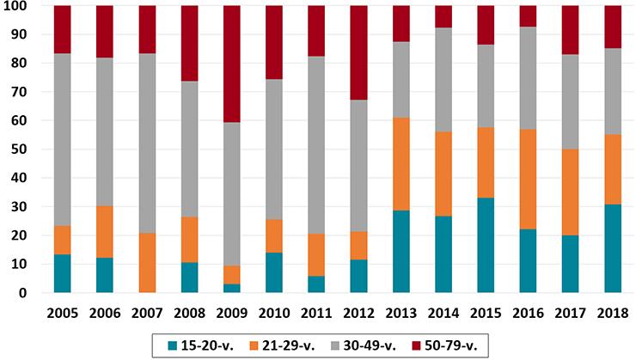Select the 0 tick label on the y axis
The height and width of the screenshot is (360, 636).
(24, 293)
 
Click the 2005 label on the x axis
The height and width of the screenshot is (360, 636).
(64, 310)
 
